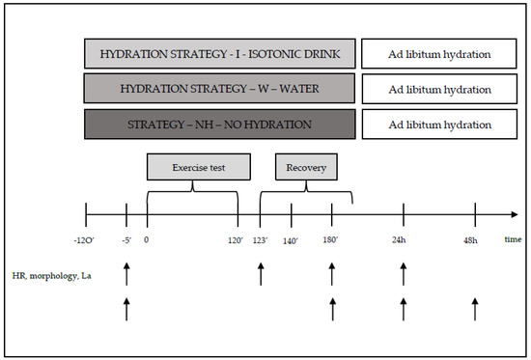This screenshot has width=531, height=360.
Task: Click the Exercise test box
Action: pos(192,166)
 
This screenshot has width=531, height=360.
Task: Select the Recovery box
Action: pos(305,166)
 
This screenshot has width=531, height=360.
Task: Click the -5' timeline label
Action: pos(126,239)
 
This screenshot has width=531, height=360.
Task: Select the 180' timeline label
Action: pos(332,239)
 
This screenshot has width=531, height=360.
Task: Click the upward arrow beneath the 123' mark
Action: pos(261,273)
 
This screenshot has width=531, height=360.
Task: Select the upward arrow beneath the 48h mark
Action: pos(475,310)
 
